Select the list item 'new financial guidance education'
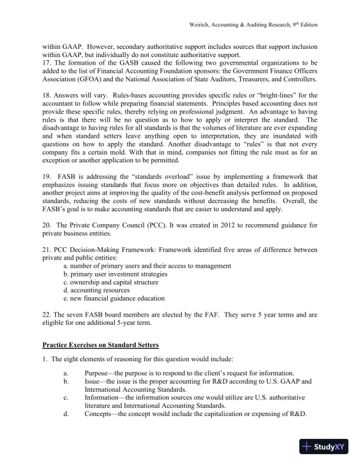(114, 299)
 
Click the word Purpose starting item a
(97, 374)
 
